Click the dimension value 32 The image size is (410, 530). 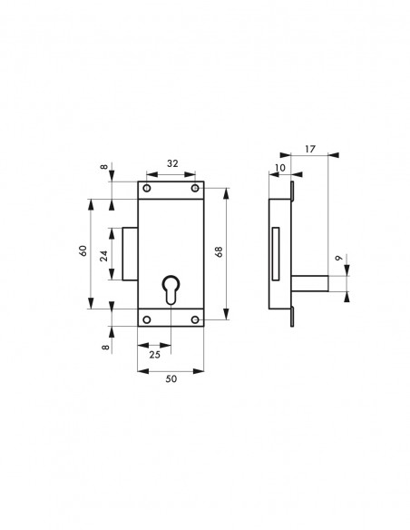(172, 163)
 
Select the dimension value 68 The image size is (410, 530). (219, 251)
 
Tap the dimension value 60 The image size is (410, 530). (83, 250)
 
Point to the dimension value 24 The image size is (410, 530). (103, 256)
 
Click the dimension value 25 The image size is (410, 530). (155, 355)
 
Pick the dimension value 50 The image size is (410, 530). (171, 378)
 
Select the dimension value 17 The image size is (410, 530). (309, 149)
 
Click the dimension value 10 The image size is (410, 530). (280, 168)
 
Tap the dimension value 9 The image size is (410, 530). (338, 258)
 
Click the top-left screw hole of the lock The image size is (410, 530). (147, 188)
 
